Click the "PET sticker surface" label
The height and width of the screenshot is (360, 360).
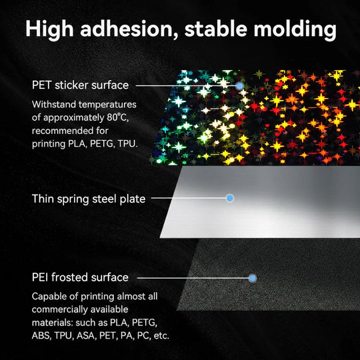(x=80, y=85)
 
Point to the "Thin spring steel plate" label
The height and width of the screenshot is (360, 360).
(x=89, y=199)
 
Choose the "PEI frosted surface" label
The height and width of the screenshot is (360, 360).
(x=80, y=277)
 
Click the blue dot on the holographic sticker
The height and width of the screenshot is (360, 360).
(x=239, y=85)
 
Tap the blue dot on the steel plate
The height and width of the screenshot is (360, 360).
(x=230, y=198)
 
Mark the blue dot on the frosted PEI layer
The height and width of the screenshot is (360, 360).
(x=251, y=277)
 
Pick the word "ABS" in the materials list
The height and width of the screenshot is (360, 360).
(x=42, y=335)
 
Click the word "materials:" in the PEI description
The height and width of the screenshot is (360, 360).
(x=53, y=322)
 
